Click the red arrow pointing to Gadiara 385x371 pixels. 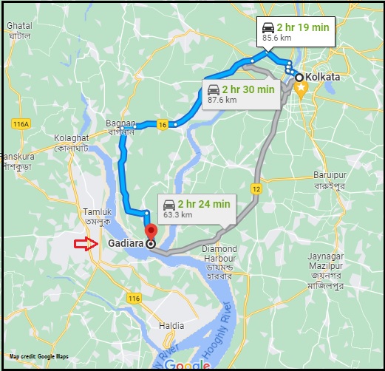(86, 244)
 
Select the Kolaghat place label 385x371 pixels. (72, 138)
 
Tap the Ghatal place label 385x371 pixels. (18, 26)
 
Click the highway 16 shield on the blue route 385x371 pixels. (162, 125)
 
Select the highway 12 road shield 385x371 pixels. (256, 189)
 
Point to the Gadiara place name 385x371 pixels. (125, 243)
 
